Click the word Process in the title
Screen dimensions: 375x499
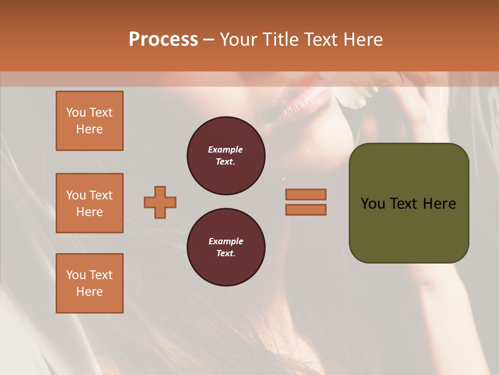163,40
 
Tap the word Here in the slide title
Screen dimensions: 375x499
362,40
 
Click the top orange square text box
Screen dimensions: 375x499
89,121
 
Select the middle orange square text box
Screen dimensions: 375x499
89,203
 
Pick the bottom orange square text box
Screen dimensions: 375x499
89,283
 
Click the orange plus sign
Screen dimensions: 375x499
160,202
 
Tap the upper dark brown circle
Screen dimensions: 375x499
226,156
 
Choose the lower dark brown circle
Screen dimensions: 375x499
226,247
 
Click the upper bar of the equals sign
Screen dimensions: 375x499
306,194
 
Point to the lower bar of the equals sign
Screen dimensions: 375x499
306,209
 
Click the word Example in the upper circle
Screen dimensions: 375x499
226,149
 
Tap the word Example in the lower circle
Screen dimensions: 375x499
226,241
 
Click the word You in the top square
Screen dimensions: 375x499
76,113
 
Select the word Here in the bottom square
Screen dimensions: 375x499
89,292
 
